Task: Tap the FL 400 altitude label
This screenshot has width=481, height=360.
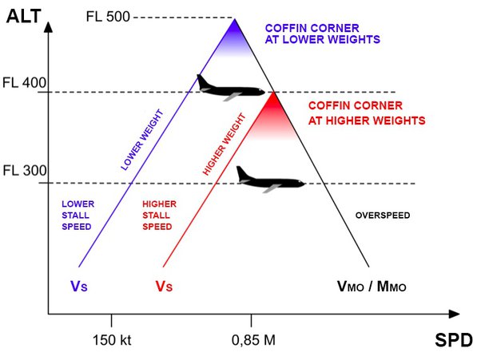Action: pos(25,82)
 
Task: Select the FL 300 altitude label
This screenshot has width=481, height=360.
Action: pos(25,171)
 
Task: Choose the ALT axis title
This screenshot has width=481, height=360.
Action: pos(24,14)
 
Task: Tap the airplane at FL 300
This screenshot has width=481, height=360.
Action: pos(269,179)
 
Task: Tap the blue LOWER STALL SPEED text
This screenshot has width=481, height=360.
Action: pos(78,215)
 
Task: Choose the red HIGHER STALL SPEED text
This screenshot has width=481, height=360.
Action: pos(159,215)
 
